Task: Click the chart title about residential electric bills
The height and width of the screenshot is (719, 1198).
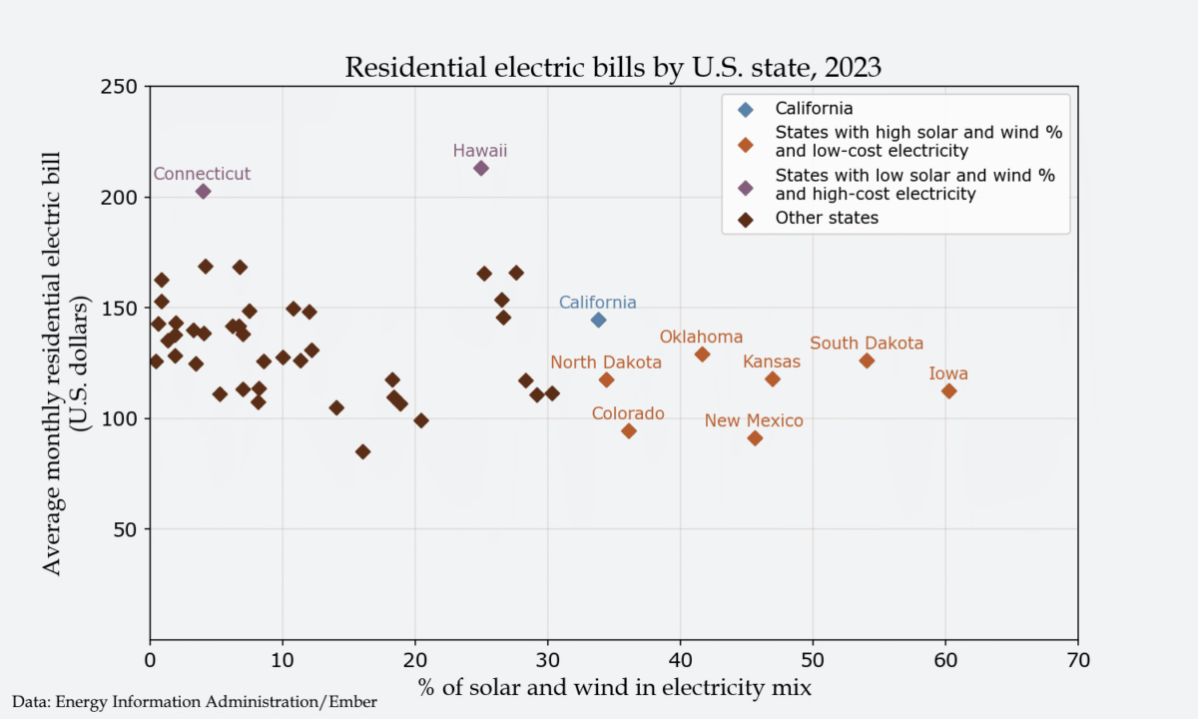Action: pos(612,67)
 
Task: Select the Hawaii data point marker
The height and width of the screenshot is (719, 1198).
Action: pos(481,168)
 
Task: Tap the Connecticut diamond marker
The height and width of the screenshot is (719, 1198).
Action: pos(203,191)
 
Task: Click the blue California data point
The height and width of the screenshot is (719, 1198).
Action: pos(598,320)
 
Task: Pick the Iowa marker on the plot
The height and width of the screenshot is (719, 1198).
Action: pos(948,390)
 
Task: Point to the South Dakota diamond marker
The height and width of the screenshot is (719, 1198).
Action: pos(867,360)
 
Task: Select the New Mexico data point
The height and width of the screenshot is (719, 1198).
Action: pos(755,438)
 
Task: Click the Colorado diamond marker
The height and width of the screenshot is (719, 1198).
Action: pos(629,430)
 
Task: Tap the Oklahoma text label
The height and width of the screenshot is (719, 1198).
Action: pos(701,338)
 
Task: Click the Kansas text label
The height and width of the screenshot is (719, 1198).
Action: pos(772,361)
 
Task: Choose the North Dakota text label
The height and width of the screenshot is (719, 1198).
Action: pos(606,361)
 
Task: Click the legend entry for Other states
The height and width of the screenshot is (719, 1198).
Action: pos(827,218)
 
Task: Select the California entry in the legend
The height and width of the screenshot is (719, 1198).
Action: pos(814,108)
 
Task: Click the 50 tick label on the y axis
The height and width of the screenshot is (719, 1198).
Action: pos(127,529)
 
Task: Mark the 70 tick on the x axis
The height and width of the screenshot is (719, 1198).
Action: pos(1077,660)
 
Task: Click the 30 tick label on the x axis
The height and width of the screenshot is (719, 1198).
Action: pos(547,660)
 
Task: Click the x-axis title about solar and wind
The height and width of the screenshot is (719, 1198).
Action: pos(612,687)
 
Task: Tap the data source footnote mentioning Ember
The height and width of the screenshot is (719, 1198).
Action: pos(195,702)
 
